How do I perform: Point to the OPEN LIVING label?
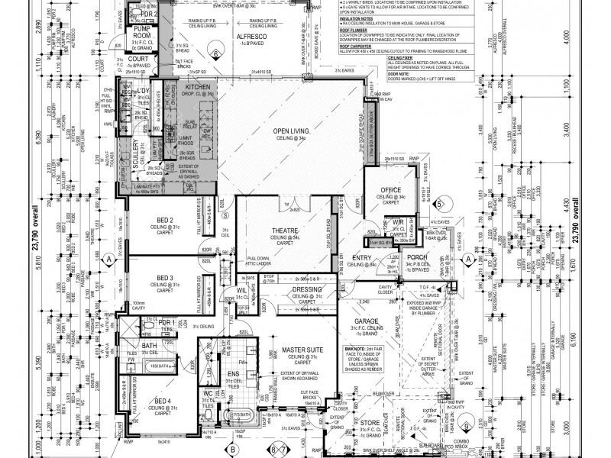[291, 131]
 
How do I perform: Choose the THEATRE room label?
[285, 231]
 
